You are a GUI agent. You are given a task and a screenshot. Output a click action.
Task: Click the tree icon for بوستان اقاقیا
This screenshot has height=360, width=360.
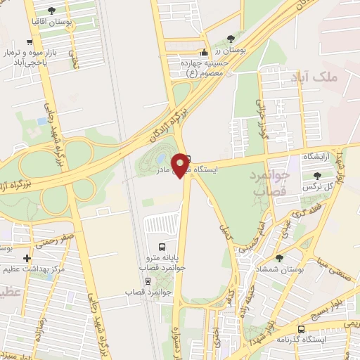click(x=52, y=11)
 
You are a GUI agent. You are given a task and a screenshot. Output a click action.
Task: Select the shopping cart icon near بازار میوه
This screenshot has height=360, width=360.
click(x=30, y=41)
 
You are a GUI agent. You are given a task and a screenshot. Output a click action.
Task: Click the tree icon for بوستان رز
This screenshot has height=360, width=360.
click(x=232, y=39)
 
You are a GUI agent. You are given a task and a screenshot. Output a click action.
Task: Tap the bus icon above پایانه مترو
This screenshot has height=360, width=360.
click(x=162, y=247)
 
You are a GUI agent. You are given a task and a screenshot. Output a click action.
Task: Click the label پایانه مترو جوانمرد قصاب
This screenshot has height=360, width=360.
click(x=161, y=264)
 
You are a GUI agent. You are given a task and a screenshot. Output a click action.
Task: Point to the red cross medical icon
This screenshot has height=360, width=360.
click(x=27, y=259)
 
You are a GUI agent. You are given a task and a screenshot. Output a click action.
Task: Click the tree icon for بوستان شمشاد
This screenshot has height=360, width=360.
click(x=279, y=258)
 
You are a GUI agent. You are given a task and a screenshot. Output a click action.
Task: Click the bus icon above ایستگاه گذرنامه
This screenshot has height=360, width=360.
click(x=302, y=328)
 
